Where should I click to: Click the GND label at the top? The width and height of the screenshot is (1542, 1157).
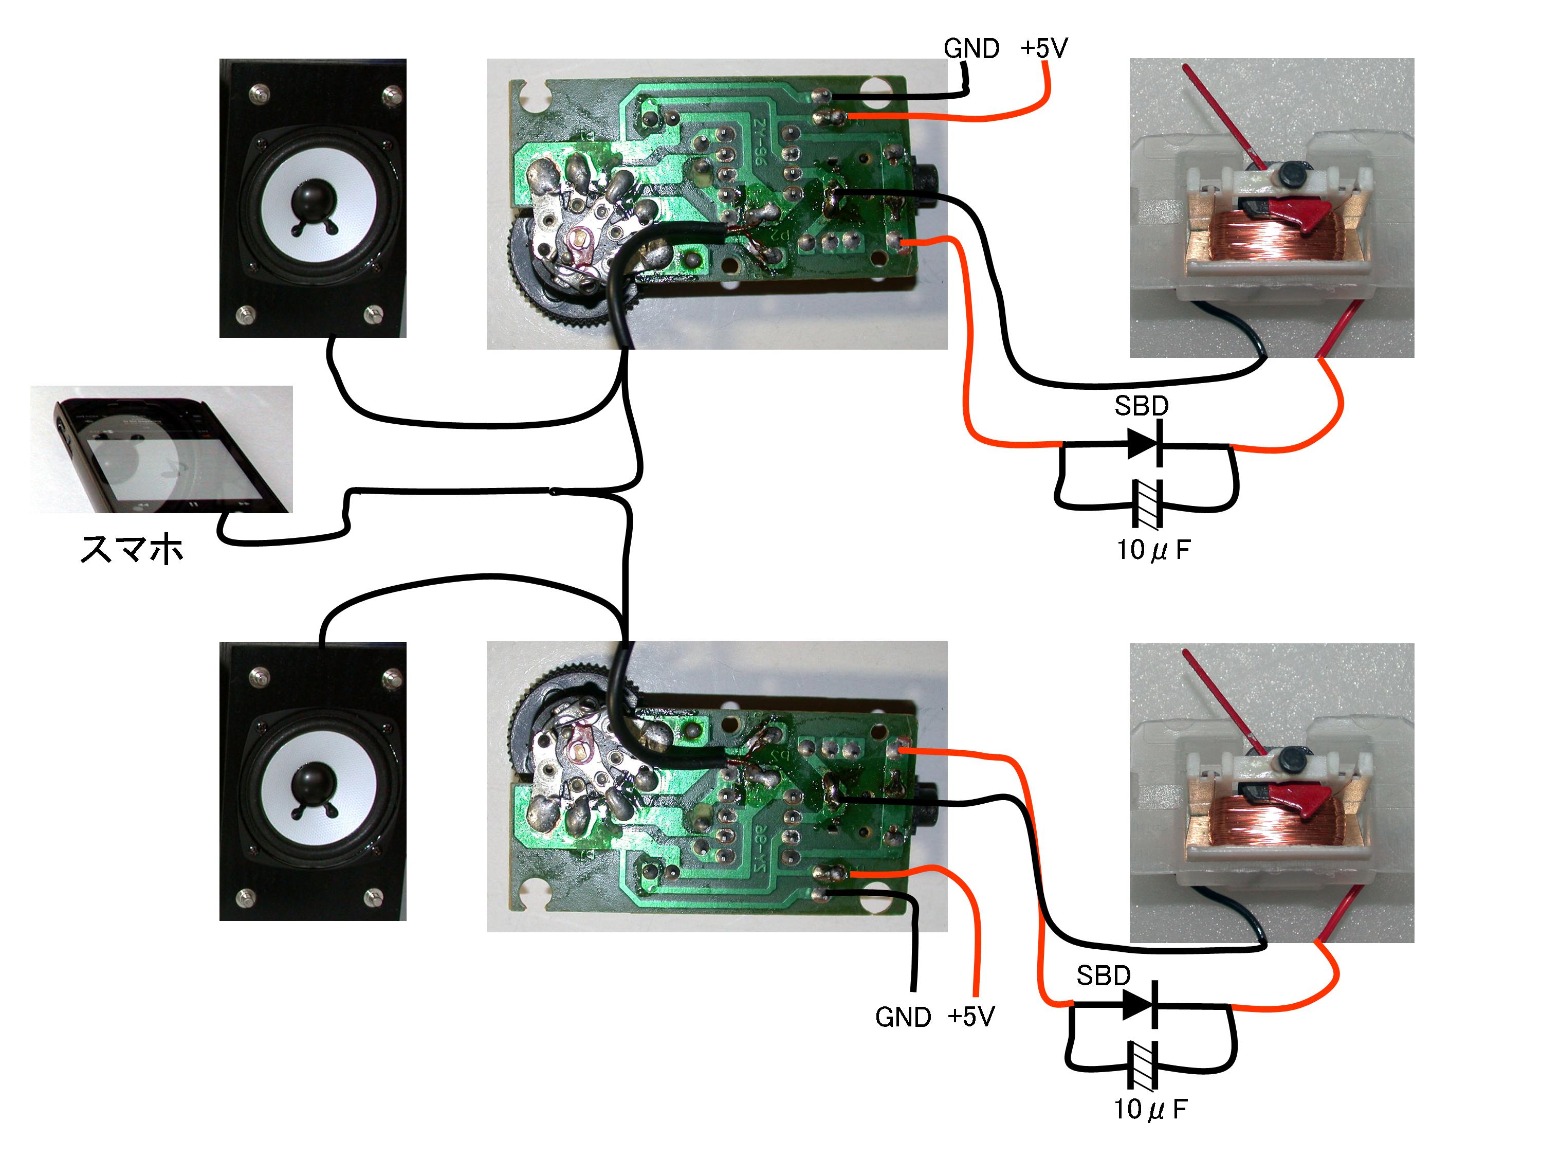pos(970,49)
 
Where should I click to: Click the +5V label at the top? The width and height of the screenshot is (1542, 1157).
pos(1043,49)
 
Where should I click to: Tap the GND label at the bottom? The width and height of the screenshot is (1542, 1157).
pos(903,1017)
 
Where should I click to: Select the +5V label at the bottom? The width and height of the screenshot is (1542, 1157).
pos(971,1016)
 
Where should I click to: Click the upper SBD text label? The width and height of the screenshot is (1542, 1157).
pos(1141,406)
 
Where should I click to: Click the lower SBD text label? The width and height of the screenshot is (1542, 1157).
pos(1103,975)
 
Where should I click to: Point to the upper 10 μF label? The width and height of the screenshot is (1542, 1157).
pos(1154,550)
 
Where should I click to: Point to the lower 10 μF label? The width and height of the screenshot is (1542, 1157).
pos(1150,1109)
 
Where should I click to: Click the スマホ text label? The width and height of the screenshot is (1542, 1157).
pos(132,550)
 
